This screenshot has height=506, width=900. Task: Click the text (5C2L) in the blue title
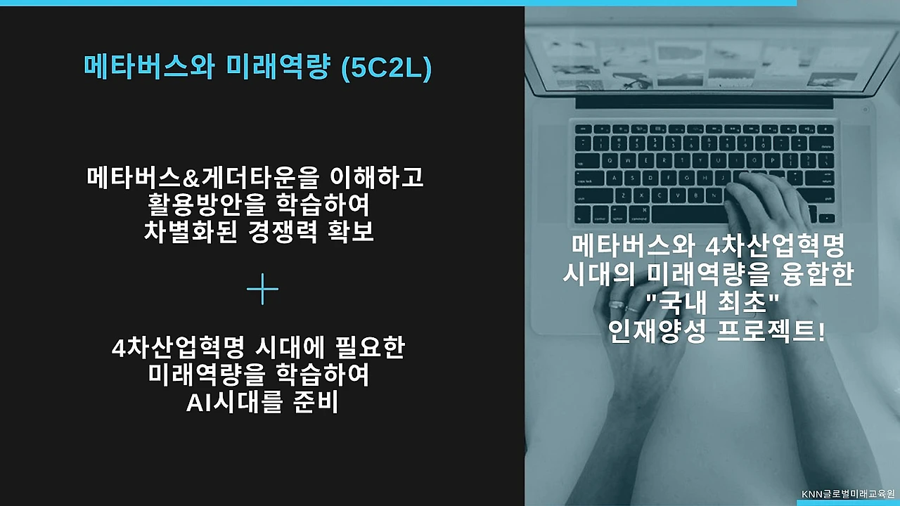coord(386,68)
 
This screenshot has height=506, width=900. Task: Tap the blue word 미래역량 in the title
coord(278,67)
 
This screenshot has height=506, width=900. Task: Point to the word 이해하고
coord(376,178)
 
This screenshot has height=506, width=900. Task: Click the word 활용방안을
coord(207,205)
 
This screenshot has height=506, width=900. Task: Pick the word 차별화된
coord(191,232)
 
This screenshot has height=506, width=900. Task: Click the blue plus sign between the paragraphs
coord(262,289)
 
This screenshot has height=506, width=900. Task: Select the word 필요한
coord(370,347)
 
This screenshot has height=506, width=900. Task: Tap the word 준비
coord(316,402)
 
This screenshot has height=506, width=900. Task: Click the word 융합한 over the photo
coord(818,274)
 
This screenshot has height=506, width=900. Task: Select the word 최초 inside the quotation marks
coord(742,303)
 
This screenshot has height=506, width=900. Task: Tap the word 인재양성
coord(657,331)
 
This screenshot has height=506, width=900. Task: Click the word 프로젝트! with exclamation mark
coord(771,331)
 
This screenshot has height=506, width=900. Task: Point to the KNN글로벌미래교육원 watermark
coord(848,494)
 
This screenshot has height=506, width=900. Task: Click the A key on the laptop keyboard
coord(614,178)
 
